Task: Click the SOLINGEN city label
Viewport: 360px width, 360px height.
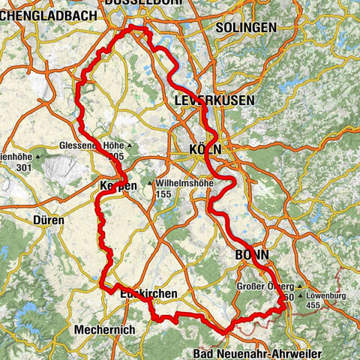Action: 245,27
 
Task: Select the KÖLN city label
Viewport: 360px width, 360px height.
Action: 204,150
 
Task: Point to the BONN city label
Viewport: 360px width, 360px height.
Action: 253,254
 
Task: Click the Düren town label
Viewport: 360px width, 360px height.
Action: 49,221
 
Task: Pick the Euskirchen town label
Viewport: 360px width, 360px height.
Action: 148,295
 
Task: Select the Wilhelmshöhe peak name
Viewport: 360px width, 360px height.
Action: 185,182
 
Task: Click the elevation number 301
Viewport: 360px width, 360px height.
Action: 22,166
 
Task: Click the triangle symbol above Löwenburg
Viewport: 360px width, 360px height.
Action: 300,286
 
